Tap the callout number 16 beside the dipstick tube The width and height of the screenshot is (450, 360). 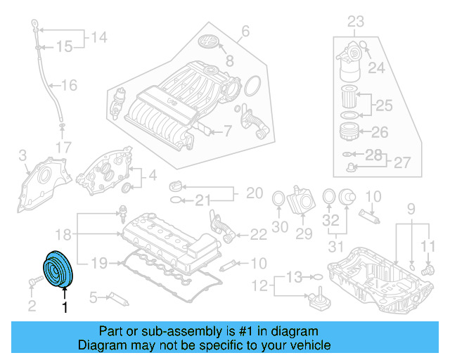[x=69, y=86]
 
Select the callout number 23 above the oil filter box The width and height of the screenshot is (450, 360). [x=356, y=20]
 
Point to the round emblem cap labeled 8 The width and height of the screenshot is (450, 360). [x=210, y=41]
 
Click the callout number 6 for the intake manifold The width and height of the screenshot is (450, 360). [x=245, y=31]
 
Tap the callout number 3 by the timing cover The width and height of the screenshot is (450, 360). [x=22, y=154]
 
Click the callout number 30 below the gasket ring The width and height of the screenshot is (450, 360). [x=280, y=226]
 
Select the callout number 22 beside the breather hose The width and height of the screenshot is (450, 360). [x=258, y=233]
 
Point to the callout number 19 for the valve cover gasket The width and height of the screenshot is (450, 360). [x=98, y=264]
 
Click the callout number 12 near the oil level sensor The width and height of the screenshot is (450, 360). [x=260, y=285]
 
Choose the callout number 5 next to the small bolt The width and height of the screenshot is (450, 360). [x=92, y=298]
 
